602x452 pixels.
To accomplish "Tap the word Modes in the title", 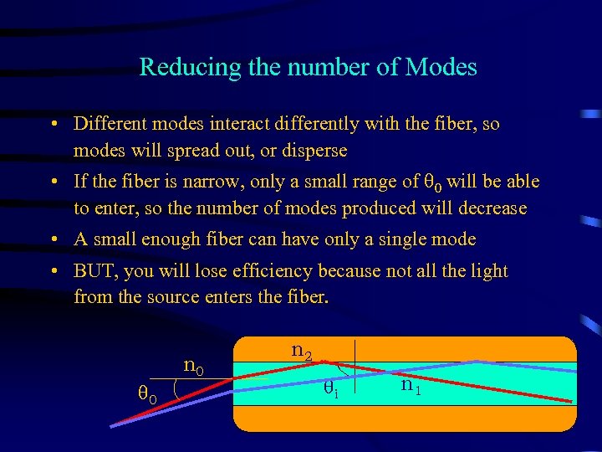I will click(441, 67).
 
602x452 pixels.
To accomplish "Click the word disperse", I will click(314, 152).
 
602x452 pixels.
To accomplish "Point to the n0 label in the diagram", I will click(194, 365).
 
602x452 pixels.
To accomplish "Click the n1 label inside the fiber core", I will click(411, 386).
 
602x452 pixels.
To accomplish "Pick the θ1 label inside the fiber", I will click(331, 388).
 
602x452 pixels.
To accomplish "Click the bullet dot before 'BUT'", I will click(54, 271).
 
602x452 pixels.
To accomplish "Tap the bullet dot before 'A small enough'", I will click(54, 240).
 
